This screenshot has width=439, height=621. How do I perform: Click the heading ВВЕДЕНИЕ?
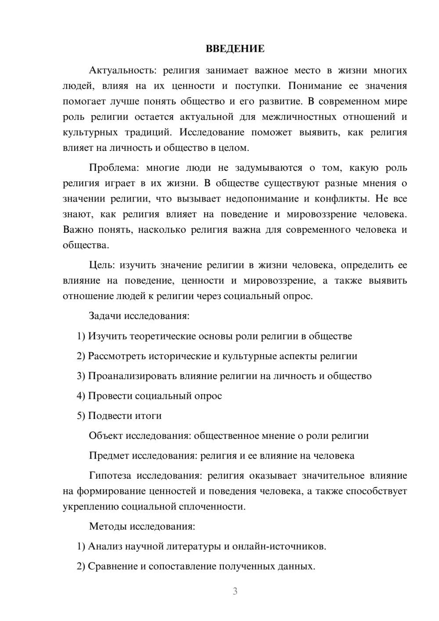point(235,49)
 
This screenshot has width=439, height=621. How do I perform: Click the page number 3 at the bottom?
point(235,591)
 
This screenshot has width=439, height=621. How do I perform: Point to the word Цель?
point(102,265)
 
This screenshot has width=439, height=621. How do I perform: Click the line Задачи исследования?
point(139,316)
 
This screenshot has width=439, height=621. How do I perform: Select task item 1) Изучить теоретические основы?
point(214,336)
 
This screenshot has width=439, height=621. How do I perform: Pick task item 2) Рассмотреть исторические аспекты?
point(217,356)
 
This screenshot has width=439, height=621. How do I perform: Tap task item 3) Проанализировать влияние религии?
point(224,376)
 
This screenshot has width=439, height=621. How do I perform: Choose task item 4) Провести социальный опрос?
point(149,396)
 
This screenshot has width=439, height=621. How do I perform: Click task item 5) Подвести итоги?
point(119,415)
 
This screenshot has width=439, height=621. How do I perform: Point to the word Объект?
point(105,436)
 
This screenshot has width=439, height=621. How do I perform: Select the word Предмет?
point(108,455)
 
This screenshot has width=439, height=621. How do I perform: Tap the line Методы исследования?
point(142,526)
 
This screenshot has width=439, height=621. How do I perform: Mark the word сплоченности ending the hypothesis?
point(212,506)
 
